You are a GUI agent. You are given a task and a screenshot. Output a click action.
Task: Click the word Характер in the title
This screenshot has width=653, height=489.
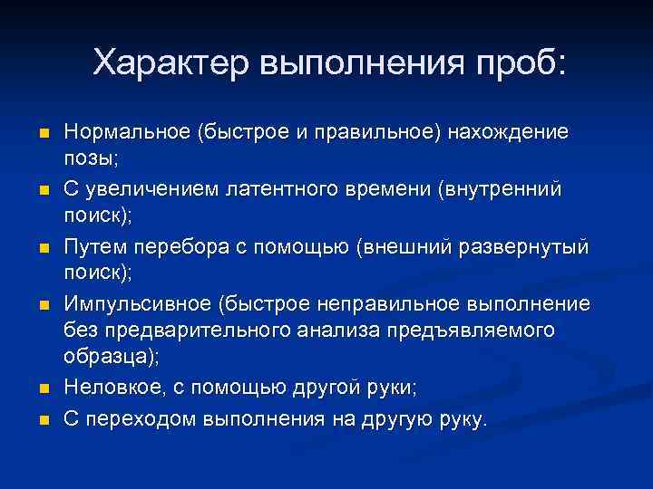click(x=170, y=62)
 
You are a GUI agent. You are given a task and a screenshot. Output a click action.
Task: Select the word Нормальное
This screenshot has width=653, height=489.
click(x=124, y=132)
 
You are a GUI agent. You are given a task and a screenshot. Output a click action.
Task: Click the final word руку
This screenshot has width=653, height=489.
click(x=462, y=419)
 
